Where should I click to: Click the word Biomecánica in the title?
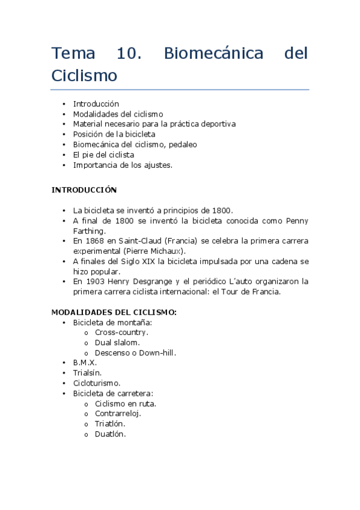coord(213,54)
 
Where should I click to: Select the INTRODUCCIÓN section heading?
coord(84,189)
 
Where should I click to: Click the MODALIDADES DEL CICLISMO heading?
coord(114,313)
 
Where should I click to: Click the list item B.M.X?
coord(85,363)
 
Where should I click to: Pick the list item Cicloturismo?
coord(97,383)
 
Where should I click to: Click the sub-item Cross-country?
coord(121,332)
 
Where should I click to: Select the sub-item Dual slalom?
coord(117,342)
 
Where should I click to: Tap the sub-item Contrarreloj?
coord(118,414)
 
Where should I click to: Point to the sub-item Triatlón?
coord(110,424)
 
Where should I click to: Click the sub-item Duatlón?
coord(110,434)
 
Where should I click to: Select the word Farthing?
coord(90,230)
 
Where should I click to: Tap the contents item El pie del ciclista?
coord(103,155)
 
